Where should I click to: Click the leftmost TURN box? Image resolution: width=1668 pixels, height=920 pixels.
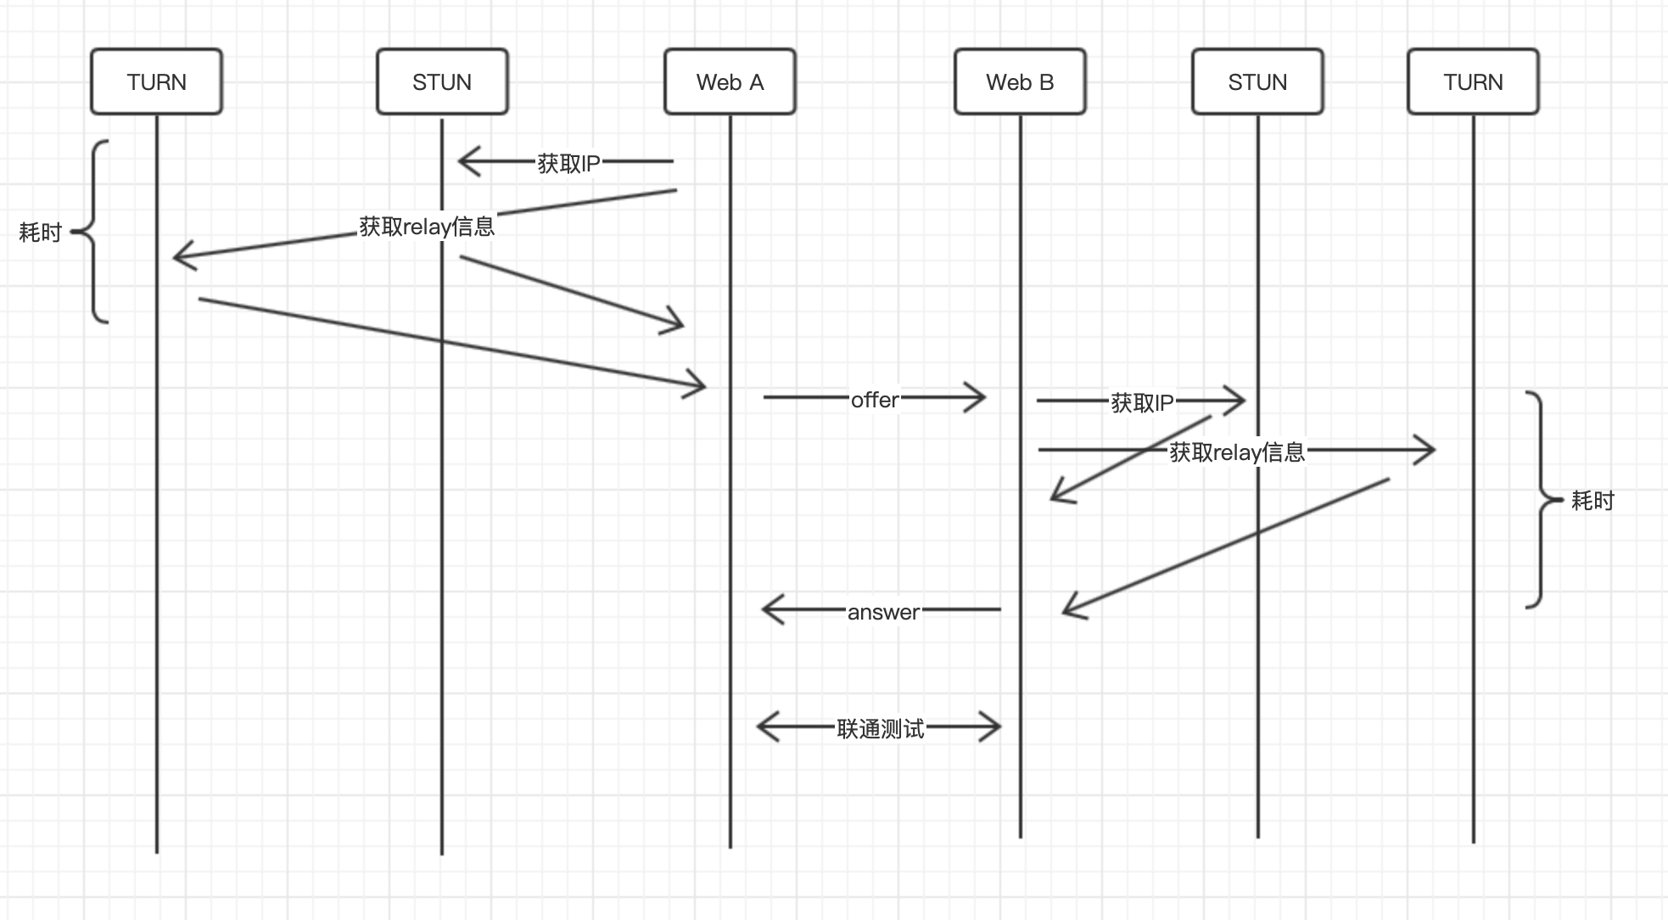click(157, 81)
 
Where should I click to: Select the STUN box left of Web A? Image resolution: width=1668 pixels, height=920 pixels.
click(442, 81)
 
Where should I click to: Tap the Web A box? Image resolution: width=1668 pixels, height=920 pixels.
click(730, 81)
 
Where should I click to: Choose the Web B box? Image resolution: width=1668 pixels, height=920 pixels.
click(1020, 81)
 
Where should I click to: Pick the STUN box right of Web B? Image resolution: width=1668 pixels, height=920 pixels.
click(1257, 81)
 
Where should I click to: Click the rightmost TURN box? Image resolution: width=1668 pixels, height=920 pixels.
click(1473, 81)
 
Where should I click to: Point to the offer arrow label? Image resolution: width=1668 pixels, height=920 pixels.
click(875, 400)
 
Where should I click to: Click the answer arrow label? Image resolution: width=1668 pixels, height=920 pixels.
click(883, 612)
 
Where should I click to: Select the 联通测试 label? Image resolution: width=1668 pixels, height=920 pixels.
click(880, 729)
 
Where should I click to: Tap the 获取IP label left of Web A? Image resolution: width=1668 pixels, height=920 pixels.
click(568, 164)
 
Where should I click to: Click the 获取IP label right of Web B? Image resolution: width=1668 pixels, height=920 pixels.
click(1142, 403)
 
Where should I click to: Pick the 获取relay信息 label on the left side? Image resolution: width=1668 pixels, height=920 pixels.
click(427, 227)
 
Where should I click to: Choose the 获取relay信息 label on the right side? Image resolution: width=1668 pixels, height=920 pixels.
click(1237, 452)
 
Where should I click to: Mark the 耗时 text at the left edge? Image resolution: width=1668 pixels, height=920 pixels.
click(41, 233)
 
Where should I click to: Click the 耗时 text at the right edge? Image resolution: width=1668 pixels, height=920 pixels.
click(1592, 501)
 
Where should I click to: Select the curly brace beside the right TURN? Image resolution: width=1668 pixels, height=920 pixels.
click(1540, 500)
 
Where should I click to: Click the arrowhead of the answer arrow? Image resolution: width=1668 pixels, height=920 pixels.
click(769, 609)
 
